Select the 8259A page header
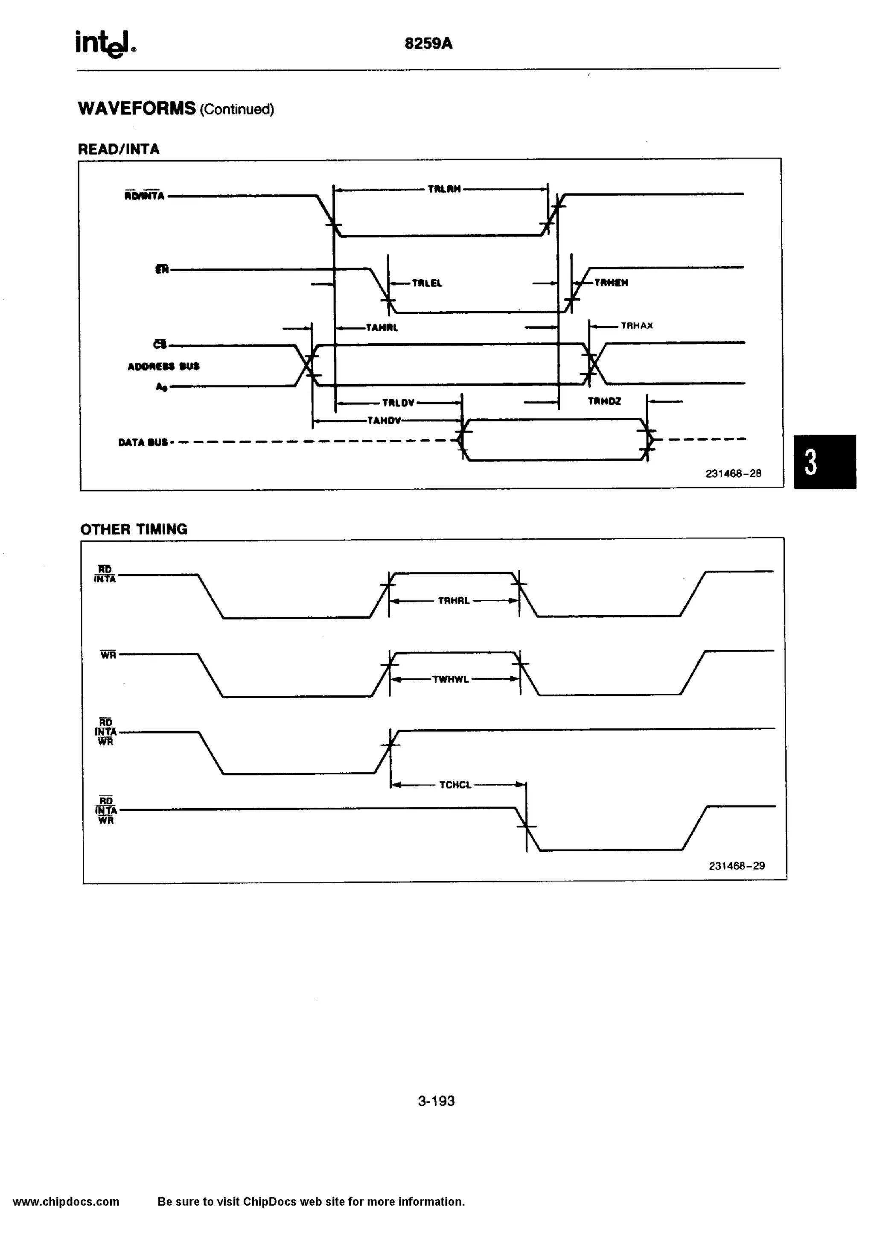tap(428, 44)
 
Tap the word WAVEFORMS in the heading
tap(137, 108)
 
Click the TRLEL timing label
tap(427, 283)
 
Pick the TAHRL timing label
tap(382, 327)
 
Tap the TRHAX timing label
tap(637, 326)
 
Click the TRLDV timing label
tap(398, 403)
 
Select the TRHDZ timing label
tap(604, 401)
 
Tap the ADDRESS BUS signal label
tap(163, 367)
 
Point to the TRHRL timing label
tap(454, 601)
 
